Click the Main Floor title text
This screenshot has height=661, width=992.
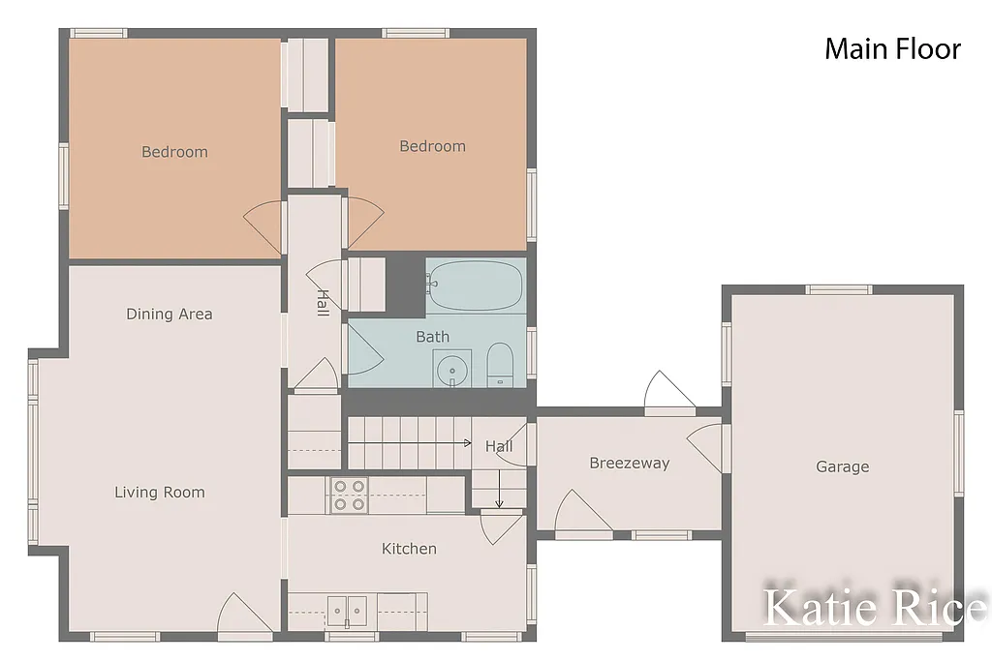[x=892, y=49]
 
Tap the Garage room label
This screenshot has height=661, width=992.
[x=842, y=466]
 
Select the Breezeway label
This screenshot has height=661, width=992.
[x=629, y=463]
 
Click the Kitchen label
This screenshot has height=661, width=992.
[x=409, y=549]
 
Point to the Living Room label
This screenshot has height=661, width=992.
[x=160, y=492]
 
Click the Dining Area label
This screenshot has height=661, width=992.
[x=170, y=314]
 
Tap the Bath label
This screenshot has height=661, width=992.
[x=432, y=337]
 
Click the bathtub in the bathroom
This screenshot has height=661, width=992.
[x=476, y=285]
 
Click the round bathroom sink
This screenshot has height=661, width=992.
[x=450, y=369]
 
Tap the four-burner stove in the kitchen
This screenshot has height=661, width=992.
[x=349, y=495]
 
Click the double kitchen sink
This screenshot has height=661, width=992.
[x=347, y=610]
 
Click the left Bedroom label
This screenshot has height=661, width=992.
[x=174, y=151]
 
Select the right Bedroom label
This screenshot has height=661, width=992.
[x=432, y=146]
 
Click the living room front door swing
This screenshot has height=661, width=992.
[x=241, y=616]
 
